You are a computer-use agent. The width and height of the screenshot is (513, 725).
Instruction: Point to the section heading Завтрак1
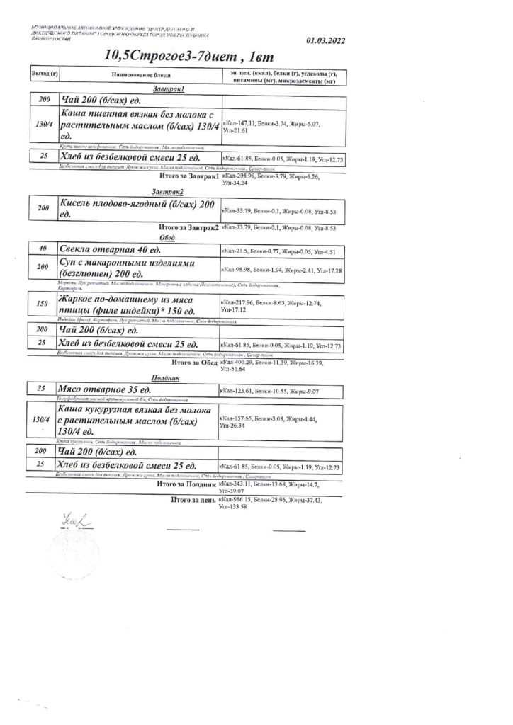pos(169,89)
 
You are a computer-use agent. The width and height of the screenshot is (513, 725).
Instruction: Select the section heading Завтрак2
pos(168,192)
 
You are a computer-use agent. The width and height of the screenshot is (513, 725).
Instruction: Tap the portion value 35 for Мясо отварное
pos(43,389)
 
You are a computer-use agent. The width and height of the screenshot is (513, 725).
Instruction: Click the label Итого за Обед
pos(192,362)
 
